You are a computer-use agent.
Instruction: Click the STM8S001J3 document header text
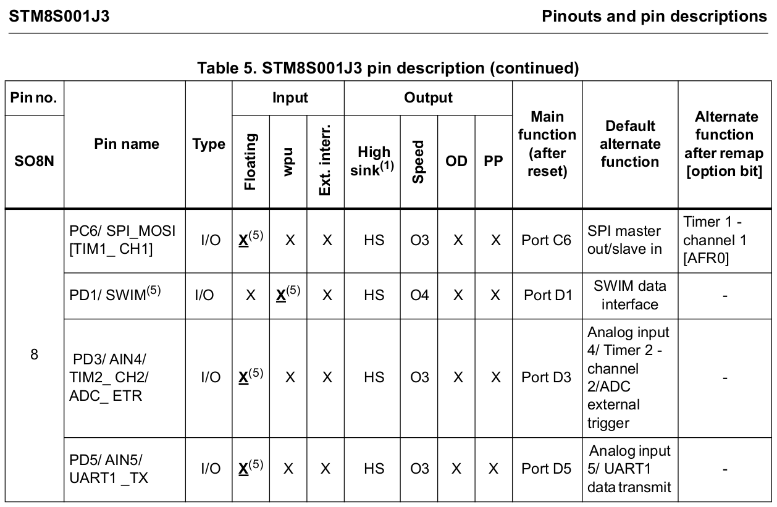[x=59, y=15]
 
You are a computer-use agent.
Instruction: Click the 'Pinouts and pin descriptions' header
[x=654, y=15]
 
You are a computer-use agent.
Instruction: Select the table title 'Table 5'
[x=388, y=68]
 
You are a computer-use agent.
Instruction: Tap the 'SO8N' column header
[x=34, y=161]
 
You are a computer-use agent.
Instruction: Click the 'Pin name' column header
[x=126, y=144]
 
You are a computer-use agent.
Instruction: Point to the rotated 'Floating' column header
[x=250, y=162]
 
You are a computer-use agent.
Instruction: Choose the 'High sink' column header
[x=372, y=161]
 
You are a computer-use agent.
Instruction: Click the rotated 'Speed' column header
[x=419, y=161]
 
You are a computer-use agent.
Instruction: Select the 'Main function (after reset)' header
[x=547, y=144]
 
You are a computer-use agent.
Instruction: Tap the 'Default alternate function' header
[x=630, y=144]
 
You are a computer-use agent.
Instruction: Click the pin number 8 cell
[x=34, y=354]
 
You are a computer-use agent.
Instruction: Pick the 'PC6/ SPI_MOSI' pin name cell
[x=122, y=240]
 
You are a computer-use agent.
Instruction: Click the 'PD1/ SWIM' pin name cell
[x=115, y=295]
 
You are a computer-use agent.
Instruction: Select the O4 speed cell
[x=419, y=295]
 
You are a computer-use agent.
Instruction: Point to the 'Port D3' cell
[x=547, y=377]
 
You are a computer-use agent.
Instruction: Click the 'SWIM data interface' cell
[x=630, y=295]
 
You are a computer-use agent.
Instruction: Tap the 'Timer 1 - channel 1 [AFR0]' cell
[x=724, y=240]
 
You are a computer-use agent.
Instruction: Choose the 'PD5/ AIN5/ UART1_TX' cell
[x=109, y=469]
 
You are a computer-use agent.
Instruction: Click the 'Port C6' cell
[x=547, y=240]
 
